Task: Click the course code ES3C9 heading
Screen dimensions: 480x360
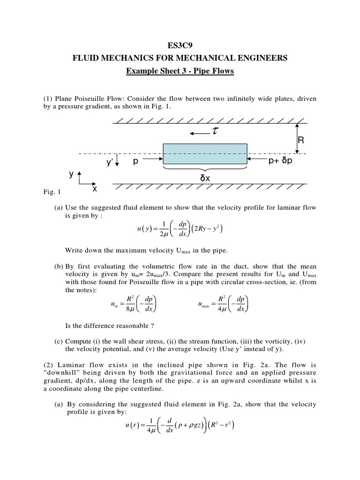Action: pos(180,45)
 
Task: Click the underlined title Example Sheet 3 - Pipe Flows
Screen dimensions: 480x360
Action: pos(180,71)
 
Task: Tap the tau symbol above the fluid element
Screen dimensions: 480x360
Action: pos(215,132)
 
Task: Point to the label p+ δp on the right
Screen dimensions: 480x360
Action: pos(280,161)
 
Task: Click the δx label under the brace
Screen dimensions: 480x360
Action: pos(205,178)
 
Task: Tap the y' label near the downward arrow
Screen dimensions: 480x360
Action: pos(110,162)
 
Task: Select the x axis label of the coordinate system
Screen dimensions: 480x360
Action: pos(94,188)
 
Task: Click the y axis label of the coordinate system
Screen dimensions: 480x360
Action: pos(72,174)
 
